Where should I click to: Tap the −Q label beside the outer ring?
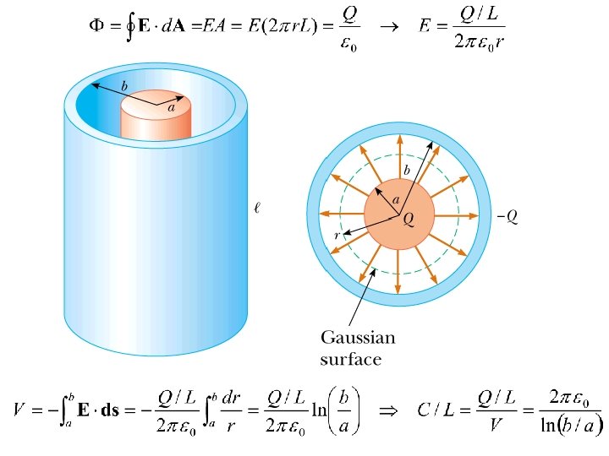[507, 217]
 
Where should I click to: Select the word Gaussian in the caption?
[358, 339]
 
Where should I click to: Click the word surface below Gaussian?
[351, 359]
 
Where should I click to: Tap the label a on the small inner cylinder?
[171, 107]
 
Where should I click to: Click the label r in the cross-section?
[337, 236]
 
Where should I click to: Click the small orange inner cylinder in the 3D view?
[156, 118]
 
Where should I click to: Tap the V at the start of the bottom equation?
[19, 412]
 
